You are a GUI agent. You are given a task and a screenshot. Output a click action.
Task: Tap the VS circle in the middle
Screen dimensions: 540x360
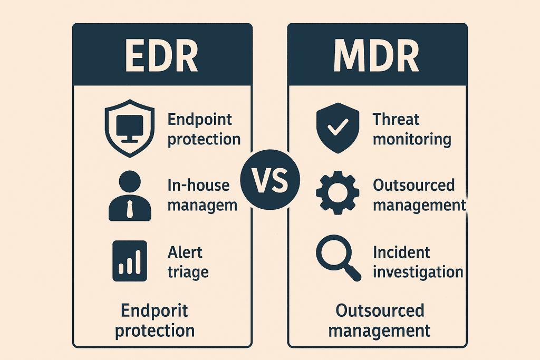click(270, 180)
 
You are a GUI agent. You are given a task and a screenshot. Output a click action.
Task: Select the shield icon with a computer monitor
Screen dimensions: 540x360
click(130, 129)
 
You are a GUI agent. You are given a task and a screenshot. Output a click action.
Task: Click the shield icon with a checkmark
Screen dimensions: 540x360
click(338, 128)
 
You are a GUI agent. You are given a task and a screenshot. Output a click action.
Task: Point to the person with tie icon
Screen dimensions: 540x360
click(130, 196)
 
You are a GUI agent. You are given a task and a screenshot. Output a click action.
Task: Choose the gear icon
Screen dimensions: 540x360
click(337, 193)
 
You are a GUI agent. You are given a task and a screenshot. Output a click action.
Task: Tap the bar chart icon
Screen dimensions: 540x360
click(130, 261)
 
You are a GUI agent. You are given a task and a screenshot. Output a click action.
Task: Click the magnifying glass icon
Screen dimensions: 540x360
click(338, 258)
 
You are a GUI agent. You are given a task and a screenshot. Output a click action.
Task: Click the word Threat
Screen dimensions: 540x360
click(396, 120)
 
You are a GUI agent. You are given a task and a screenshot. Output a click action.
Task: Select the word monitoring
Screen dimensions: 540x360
click(412, 140)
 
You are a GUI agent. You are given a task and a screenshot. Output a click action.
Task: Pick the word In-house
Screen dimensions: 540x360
click(198, 185)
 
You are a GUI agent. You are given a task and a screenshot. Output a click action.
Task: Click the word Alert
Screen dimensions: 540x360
click(185, 252)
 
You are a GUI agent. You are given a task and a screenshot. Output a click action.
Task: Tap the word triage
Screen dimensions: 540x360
click(188, 272)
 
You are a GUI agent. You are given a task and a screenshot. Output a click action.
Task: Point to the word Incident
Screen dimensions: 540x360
click(401, 252)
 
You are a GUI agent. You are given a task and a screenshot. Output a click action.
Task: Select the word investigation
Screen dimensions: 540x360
click(418, 272)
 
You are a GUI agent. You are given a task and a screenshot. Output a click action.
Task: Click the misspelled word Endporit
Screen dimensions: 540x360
click(155, 310)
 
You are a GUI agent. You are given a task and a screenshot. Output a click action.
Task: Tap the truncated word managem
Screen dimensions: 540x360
click(202, 206)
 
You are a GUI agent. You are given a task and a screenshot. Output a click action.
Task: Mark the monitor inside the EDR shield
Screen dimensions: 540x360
click(130, 129)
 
